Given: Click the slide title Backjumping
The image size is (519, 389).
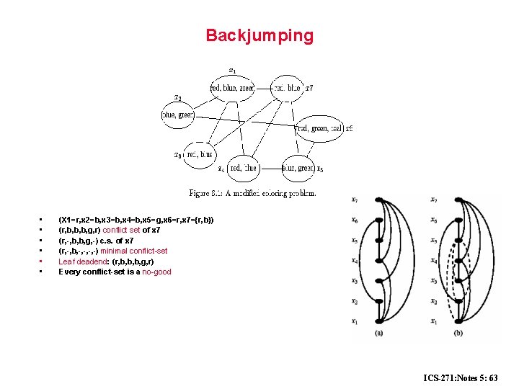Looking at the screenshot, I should pos(259,35).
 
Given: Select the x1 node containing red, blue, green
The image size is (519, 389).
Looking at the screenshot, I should pos(231,88).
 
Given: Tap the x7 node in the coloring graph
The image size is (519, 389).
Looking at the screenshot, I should pos(288,88).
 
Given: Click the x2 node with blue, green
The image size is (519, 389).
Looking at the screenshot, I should pos(178,115).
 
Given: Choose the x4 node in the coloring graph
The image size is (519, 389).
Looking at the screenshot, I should pos(242,168).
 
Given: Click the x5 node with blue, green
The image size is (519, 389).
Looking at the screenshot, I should pos(298,168).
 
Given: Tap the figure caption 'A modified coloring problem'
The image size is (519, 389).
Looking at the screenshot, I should pos(252,193).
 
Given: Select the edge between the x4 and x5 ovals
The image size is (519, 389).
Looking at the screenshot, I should pos(270,168).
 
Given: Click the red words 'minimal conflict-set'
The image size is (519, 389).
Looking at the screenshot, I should pos(133,251).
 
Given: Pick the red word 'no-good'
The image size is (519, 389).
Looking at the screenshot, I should pos(156,272).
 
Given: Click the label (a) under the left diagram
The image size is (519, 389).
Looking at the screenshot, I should pos(379,333).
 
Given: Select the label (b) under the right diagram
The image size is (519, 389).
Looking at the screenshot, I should pos(458,333).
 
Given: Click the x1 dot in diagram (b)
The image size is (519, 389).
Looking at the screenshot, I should pos(458,321).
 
